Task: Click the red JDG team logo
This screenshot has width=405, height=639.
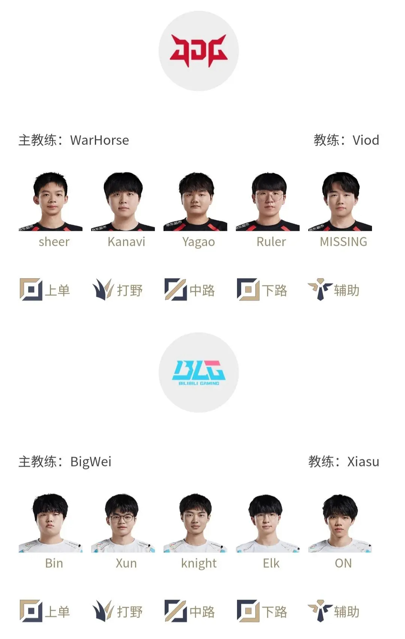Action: pos(199,51)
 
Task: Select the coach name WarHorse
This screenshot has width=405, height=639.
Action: pos(99,140)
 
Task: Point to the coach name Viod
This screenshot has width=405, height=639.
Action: pos(366,140)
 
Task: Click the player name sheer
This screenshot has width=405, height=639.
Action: pos(54,242)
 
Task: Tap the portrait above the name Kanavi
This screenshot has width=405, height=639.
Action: pos(123,201)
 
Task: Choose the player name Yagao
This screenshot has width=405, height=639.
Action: pos(199,242)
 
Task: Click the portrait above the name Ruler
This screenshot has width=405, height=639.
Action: pos(268,201)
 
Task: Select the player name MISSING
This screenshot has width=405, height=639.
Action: pos(343,242)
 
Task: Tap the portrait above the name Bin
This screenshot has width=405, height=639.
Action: pos(51,523)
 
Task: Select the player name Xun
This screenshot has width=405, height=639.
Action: pos(126,564)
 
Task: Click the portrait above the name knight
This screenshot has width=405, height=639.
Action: pos(195,523)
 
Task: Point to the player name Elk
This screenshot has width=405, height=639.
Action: pos(271,564)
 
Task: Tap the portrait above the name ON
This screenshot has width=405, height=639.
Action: pos(340,523)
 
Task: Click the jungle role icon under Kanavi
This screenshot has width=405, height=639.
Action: pos(103,289)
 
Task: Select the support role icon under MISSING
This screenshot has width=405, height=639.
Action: pos(320,289)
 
